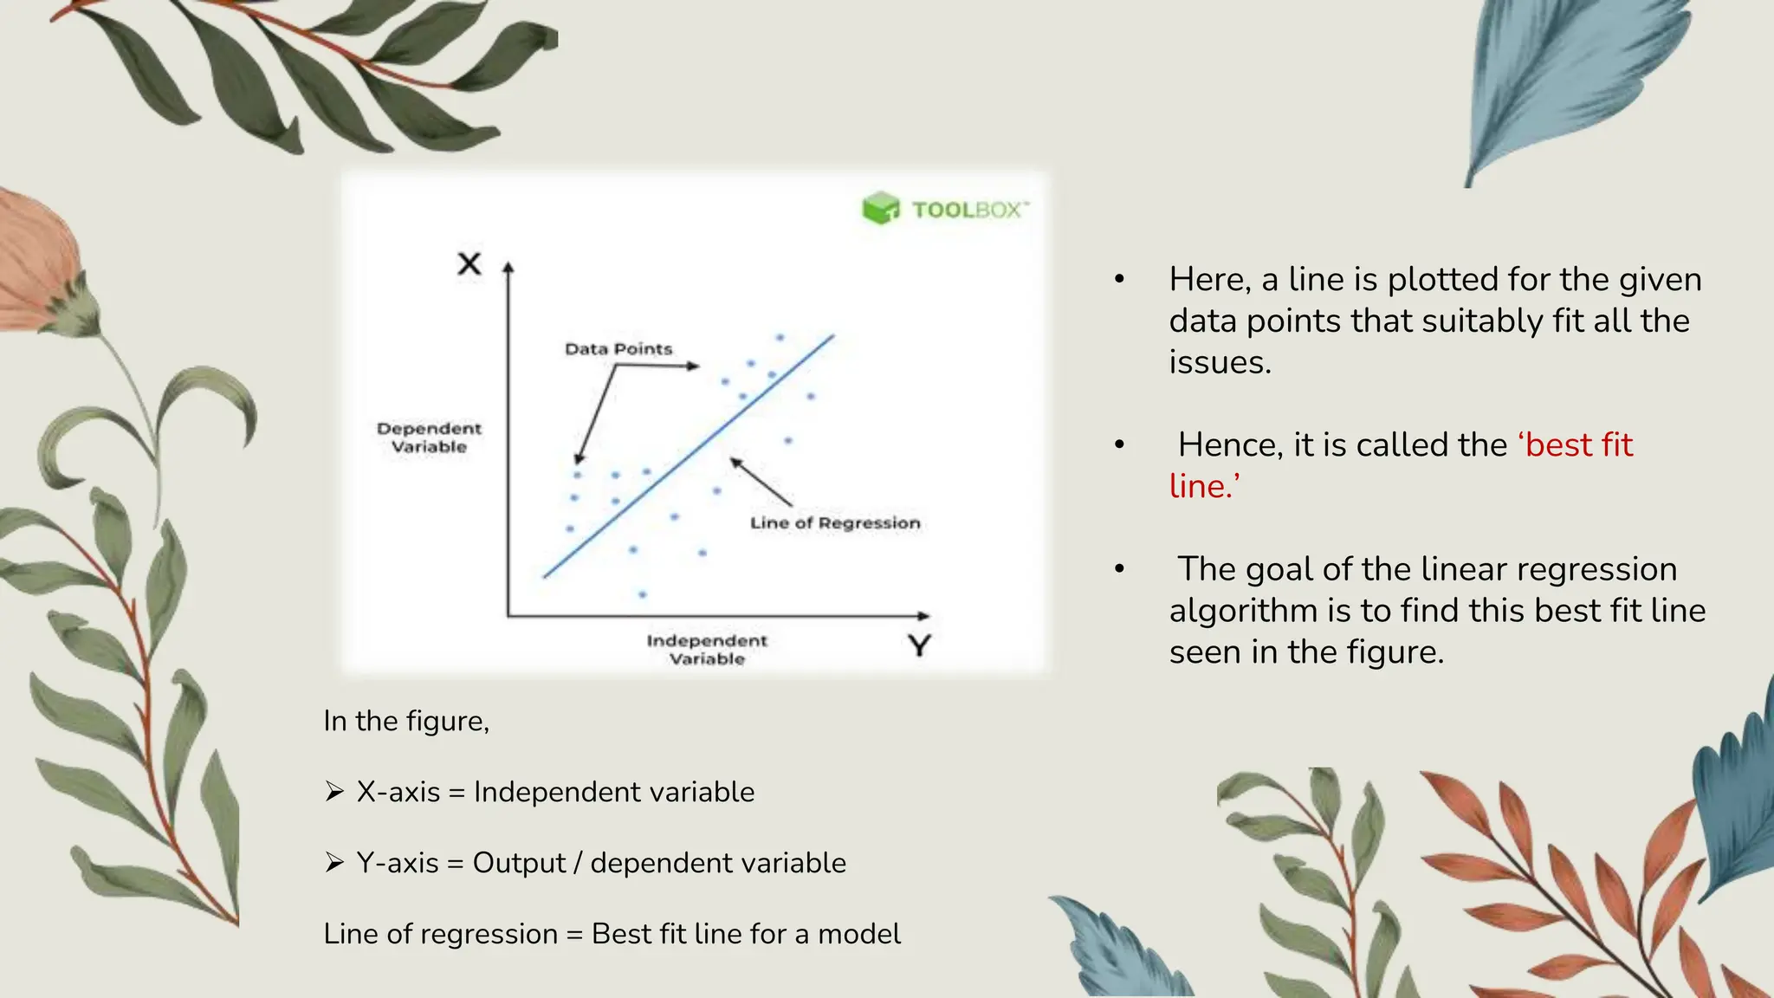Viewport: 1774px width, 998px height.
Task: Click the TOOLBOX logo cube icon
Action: coord(881,209)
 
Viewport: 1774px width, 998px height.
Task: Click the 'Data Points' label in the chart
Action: coord(618,349)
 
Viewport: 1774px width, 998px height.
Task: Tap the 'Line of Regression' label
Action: coord(835,523)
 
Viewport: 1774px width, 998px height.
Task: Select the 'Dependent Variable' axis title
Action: coord(429,437)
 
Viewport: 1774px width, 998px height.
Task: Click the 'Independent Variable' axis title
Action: coord(707,650)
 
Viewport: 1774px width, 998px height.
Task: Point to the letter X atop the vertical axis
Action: coord(469,263)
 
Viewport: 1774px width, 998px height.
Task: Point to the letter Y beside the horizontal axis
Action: coord(919,645)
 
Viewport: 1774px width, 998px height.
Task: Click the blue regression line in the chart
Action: coord(689,457)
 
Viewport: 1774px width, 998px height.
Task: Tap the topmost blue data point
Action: coord(780,338)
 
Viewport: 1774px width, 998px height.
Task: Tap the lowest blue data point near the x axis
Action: coord(642,594)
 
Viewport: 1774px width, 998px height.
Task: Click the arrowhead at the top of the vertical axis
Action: coord(508,268)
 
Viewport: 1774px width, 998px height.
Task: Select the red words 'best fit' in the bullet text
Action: coord(1578,444)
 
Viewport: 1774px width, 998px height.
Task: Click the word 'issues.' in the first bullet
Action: coord(1220,362)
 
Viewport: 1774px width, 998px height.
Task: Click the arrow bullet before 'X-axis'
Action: coord(334,791)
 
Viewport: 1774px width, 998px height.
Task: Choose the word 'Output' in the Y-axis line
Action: coord(518,863)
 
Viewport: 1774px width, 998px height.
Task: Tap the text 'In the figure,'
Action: coord(406,721)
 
